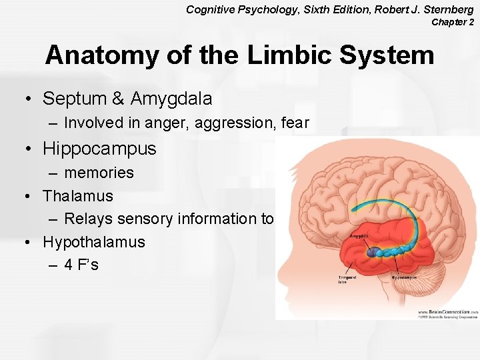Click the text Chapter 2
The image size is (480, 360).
pyautogui.click(x=453, y=22)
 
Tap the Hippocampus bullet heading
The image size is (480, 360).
pyautogui.click(x=99, y=149)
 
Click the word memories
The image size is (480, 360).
pyautogui.click(x=99, y=173)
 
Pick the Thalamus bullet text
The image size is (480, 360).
pyautogui.click(x=78, y=196)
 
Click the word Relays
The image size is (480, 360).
pyautogui.click(x=88, y=219)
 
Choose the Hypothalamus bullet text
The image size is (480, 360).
pyautogui.click(x=94, y=241)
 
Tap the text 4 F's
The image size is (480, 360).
pyautogui.click(x=81, y=265)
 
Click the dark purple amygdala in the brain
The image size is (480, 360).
pyautogui.click(x=371, y=253)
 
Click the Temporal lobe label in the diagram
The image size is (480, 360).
pyautogui.click(x=346, y=279)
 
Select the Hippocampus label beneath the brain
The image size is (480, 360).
pyautogui.click(x=405, y=277)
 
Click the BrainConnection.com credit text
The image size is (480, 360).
pyautogui.click(x=446, y=311)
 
